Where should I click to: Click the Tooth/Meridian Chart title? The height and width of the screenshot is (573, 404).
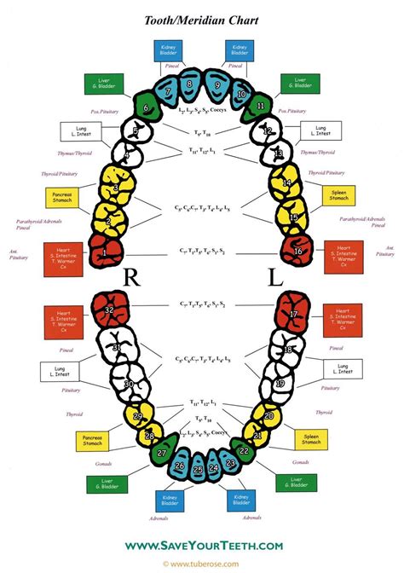(x=202, y=19)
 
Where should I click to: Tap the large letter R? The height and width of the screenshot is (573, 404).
(x=133, y=278)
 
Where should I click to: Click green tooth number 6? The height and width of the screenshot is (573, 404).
(x=147, y=107)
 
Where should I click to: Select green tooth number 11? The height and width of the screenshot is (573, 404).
(x=258, y=108)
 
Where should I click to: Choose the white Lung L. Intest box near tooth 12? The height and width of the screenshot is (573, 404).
(x=322, y=131)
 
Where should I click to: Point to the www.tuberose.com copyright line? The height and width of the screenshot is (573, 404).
(x=202, y=564)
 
